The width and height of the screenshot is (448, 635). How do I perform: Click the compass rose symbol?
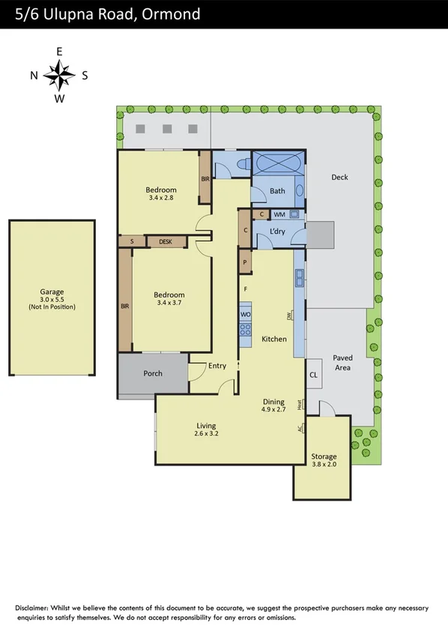point(59,74)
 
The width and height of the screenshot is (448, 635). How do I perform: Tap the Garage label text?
point(52,292)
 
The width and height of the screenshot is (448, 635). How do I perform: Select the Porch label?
point(153,373)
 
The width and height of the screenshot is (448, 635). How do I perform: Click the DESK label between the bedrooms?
point(166,241)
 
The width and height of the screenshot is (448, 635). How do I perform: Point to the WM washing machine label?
point(279,214)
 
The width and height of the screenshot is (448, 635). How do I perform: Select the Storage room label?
point(324,456)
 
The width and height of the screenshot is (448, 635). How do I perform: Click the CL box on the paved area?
point(314,375)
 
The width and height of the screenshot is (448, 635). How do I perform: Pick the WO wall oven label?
point(245,313)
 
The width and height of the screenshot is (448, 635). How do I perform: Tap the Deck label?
point(339,177)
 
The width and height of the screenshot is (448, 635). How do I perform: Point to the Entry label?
point(217,365)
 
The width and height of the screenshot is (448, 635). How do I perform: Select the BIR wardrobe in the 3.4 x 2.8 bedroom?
point(205,178)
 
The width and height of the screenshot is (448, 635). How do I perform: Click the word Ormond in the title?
point(170,14)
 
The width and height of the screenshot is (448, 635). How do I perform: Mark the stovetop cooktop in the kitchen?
point(245,328)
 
